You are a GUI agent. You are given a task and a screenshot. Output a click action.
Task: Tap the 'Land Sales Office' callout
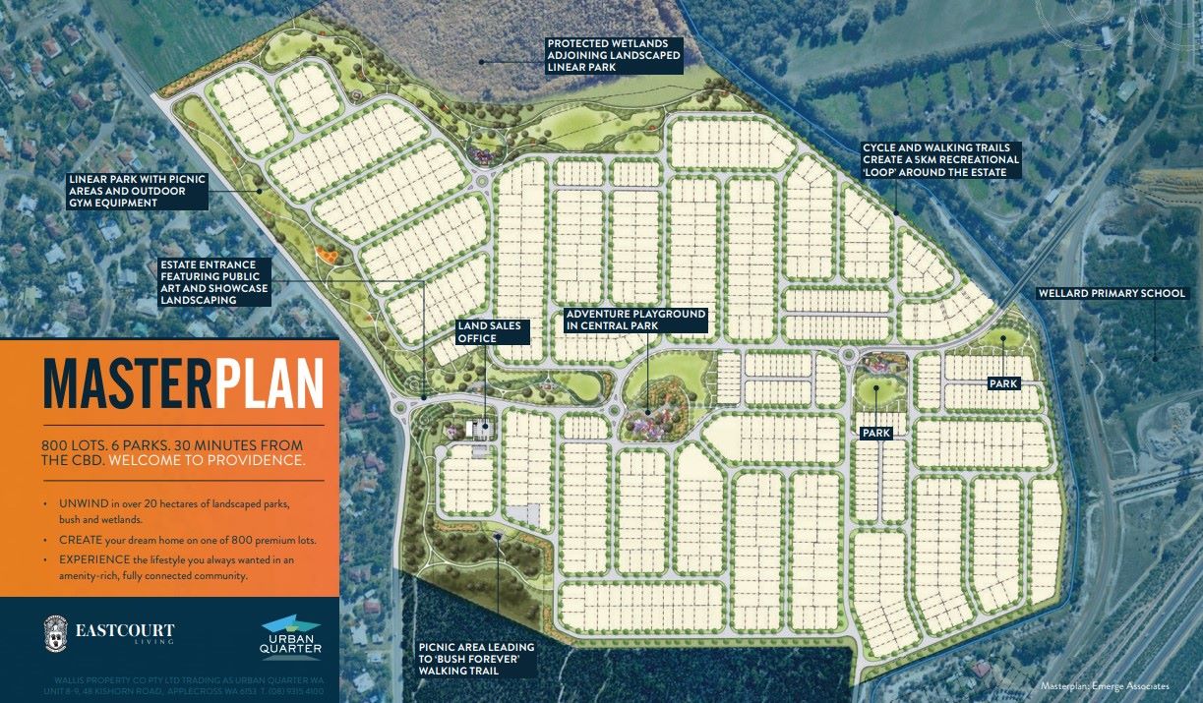(492, 331)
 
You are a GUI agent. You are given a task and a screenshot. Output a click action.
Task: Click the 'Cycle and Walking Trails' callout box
(940, 160)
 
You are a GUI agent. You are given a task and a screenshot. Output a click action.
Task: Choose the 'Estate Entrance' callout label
(214, 282)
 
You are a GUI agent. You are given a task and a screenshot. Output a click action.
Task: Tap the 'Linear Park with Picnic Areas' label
(136, 191)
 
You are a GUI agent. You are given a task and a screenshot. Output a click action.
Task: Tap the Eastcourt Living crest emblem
(57, 634)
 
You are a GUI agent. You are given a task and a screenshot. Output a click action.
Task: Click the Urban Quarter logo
(290, 636)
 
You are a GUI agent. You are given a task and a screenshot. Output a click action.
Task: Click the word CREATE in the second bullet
(79, 541)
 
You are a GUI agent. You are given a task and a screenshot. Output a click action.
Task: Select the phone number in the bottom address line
(302, 691)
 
